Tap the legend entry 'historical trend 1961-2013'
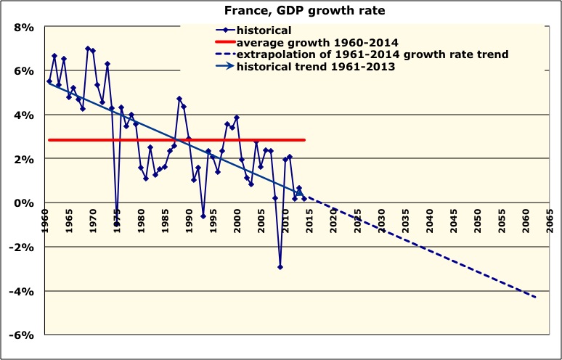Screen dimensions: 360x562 coord(320,67)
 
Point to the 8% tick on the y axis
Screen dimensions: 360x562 coord(24,27)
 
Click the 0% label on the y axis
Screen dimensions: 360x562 coord(24,202)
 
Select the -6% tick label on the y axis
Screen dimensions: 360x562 coord(22,335)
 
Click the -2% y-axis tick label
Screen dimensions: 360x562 coord(22,247)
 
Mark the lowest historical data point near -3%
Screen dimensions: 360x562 coord(280,267)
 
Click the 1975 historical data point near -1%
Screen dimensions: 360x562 coord(117,224)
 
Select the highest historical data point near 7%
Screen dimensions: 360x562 coord(88,49)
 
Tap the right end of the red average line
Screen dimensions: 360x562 coord(304,139)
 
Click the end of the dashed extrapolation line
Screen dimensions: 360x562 coord(536,298)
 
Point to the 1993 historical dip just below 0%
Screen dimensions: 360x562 coord(203,216)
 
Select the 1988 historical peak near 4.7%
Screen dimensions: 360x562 coord(179,99)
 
